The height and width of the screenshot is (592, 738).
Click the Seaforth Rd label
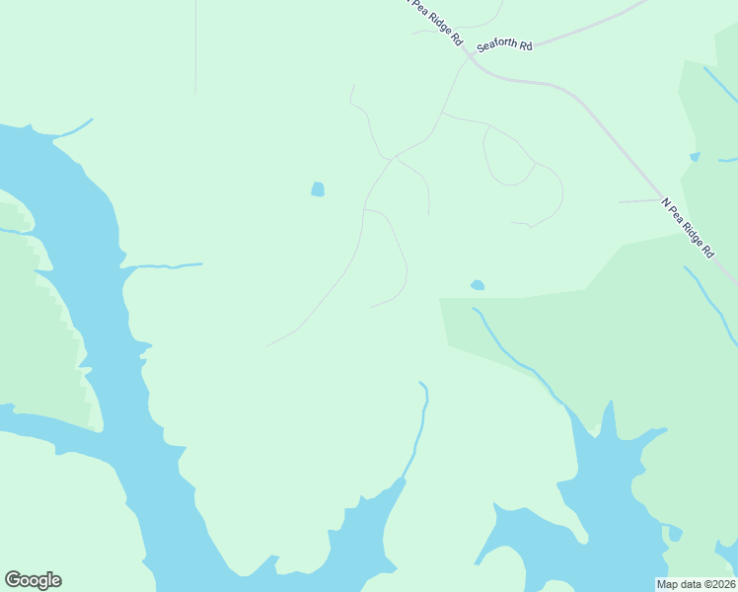pos(504,45)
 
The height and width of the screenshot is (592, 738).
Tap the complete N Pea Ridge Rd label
pos(688,228)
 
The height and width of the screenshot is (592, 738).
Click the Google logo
pos(33,580)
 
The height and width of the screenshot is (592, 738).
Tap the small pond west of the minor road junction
pos(318,189)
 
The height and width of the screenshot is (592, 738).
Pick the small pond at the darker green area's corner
pos(478,285)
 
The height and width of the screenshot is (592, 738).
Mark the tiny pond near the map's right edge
pos(695,157)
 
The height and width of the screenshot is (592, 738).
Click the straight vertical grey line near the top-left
pos(195,49)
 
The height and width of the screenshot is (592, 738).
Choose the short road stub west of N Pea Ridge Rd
pos(638,201)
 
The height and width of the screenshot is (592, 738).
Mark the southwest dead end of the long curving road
pos(268,345)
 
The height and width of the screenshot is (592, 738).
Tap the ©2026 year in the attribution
pos(717,584)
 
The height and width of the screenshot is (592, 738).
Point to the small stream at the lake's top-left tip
pos(77,127)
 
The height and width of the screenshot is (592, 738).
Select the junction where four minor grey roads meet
pos(395,157)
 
